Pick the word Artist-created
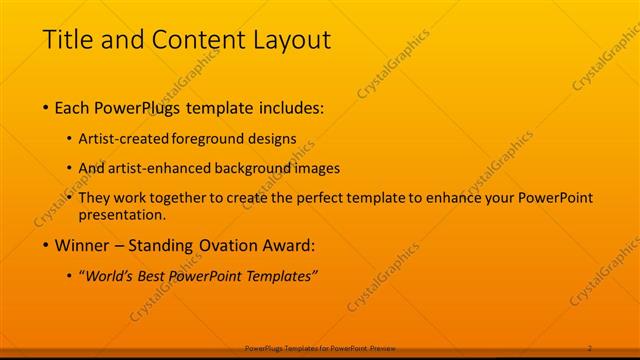(x=123, y=140)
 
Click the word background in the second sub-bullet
(x=250, y=169)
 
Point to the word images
(x=316, y=169)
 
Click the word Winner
(x=84, y=245)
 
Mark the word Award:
(x=289, y=245)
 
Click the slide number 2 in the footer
(x=590, y=347)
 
